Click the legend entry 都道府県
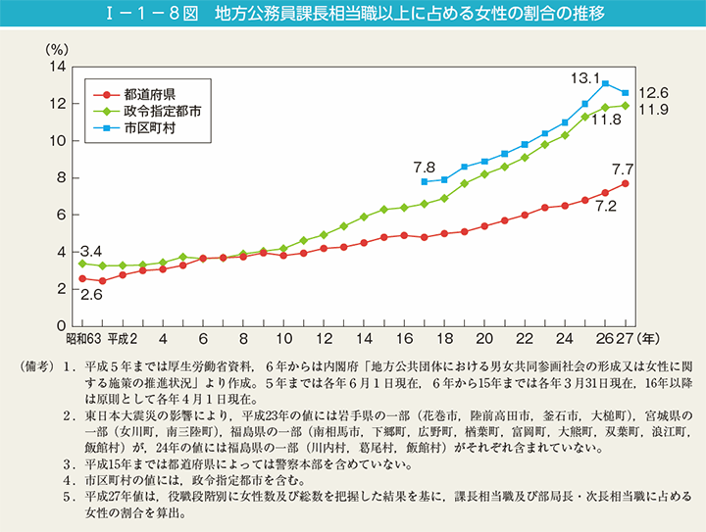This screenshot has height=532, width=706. tap(149, 95)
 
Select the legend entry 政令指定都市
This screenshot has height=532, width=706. tap(163, 112)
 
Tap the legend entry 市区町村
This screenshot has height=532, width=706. tap(149, 128)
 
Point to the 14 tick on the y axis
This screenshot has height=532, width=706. tap(57, 67)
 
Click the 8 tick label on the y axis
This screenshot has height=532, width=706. tap(61, 177)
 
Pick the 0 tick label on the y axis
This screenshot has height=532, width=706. tap(61, 325)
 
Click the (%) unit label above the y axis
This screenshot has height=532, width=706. tap(56, 47)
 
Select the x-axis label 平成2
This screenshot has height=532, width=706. tap(124, 338)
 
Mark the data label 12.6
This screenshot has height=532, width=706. tap(653, 92)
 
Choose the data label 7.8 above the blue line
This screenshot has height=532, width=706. tap(425, 167)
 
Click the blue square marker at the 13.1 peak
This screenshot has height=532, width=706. tap(605, 83)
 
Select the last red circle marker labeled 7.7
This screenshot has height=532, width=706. tap(625, 183)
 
